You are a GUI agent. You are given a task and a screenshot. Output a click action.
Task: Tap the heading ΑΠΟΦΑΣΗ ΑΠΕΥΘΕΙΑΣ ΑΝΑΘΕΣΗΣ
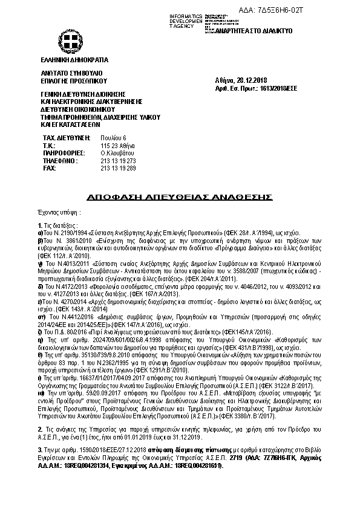(180, 197)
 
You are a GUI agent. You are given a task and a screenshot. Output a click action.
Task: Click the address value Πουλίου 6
(113, 138)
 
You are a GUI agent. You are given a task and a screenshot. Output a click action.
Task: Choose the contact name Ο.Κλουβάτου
(117, 154)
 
